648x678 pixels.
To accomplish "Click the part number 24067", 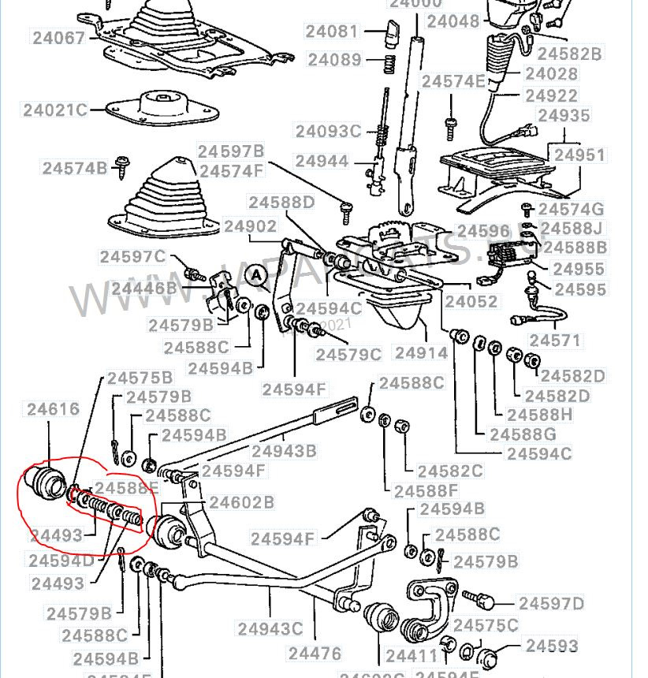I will pyautogui.click(x=58, y=36).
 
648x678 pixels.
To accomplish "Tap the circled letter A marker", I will pyautogui.click(x=255, y=275).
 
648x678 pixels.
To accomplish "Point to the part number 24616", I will pyautogui.click(x=53, y=409).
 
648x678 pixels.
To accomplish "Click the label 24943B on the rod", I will pyautogui.click(x=283, y=451).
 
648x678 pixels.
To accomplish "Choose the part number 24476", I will pyautogui.click(x=315, y=653).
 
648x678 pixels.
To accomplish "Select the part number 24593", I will pyautogui.click(x=552, y=646).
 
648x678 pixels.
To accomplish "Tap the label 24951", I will pyautogui.click(x=579, y=155).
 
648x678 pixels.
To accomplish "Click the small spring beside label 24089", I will pyautogui.click(x=389, y=62).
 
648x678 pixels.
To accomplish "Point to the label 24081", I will pyautogui.click(x=332, y=32).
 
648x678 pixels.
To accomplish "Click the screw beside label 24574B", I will pyautogui.click(x=123, y=165).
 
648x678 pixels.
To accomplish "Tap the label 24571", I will pyautogui.click(x=555, y=341).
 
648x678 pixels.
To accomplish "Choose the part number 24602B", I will pyautogui.click(x=241, y=502).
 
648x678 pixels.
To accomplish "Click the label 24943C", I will pyautogui.click(x=270, y=629).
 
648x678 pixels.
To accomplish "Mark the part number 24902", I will pyautogui.click(x=250, y=226).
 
